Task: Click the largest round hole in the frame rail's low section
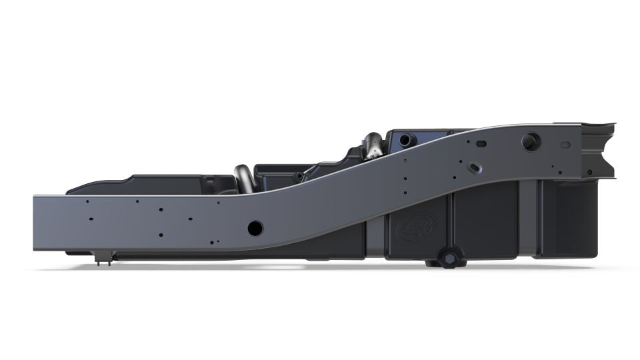coord(255,228)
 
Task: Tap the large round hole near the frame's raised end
coord(531,141)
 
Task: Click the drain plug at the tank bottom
coord(450,256)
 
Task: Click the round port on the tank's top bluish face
coord(406,139)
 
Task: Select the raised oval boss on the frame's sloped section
coord(474,165)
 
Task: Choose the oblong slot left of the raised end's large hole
coord(481,143)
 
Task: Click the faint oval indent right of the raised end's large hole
coord(565,144)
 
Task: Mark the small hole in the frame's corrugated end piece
coord(589,172)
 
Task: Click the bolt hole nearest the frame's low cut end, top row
coord(87,201)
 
